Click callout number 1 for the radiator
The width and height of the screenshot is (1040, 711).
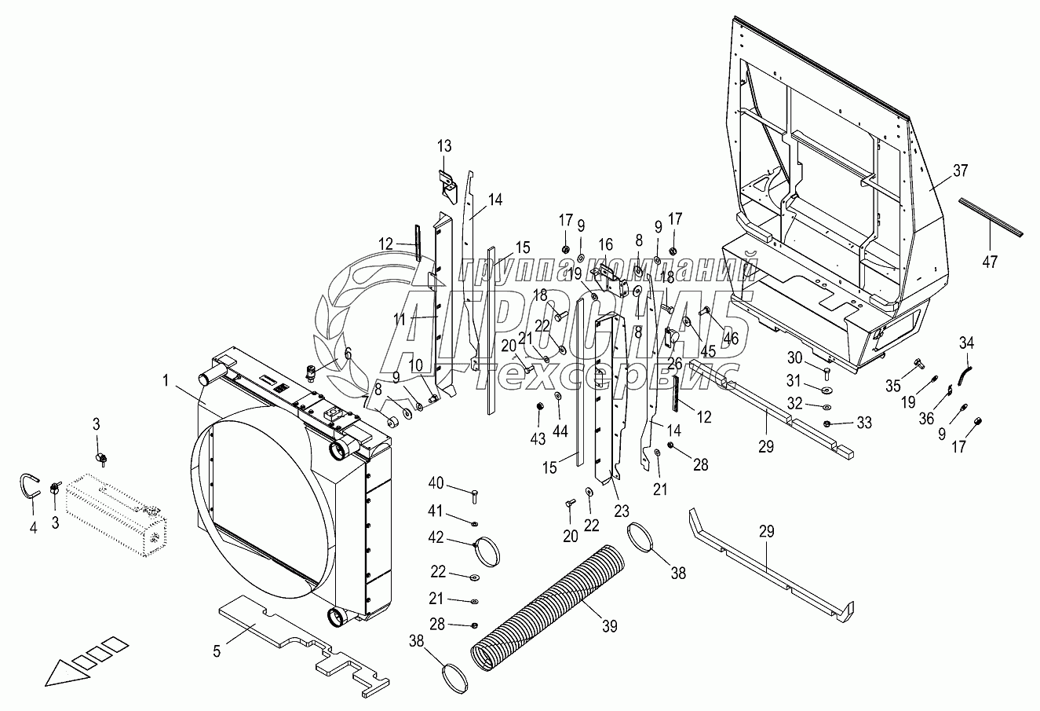(166, 379)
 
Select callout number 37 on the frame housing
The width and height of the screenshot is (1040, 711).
(962, 170)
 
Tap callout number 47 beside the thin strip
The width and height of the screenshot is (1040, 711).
(991, 262)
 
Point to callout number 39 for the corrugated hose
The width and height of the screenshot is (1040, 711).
(610, 626)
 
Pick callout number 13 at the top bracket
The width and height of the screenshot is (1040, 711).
(444, 146)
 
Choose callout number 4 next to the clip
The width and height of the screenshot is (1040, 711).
(33, 529)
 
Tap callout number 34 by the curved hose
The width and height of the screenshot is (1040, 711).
(967, 343)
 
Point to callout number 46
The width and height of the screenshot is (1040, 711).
(732, 339)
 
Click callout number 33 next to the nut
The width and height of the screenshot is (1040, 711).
(863, 423)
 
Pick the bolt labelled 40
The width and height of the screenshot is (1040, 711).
(476, 495)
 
